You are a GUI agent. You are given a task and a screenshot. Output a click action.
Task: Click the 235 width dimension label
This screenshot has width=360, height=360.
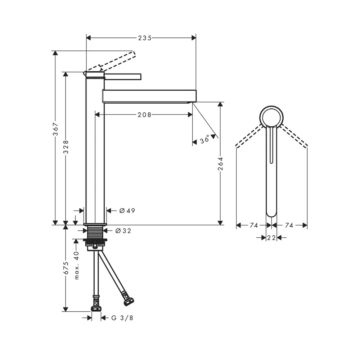[x=145, y=38]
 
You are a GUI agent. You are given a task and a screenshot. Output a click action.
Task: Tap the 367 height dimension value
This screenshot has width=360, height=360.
[x=56, y=129]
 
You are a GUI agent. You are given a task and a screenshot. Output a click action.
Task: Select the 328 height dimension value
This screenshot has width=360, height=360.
[x=66, y=147]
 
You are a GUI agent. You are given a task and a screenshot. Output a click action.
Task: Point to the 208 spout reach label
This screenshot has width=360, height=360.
[x=144, y=114]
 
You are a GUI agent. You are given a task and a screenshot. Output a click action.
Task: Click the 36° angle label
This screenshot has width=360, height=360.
[x=204, y=139]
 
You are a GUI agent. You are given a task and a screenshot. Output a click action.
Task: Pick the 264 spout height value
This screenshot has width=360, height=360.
[x=220, y=164]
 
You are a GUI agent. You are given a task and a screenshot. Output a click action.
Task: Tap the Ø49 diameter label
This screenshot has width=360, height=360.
[x=127, y=211]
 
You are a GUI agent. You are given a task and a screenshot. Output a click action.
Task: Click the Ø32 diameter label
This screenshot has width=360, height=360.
[x=123, y=231]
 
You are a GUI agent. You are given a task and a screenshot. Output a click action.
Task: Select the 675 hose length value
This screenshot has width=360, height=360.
[x=66, y=268]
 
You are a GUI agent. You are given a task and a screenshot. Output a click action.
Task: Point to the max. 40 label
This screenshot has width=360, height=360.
[x=77, y=265]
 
